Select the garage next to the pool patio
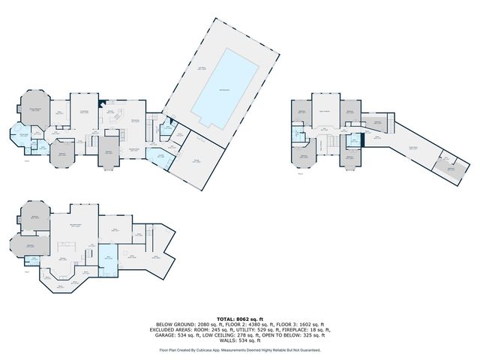point(197,159)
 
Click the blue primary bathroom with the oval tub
point(23,136)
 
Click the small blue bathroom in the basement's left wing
point(34,259)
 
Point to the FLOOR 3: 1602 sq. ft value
point(298,324)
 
